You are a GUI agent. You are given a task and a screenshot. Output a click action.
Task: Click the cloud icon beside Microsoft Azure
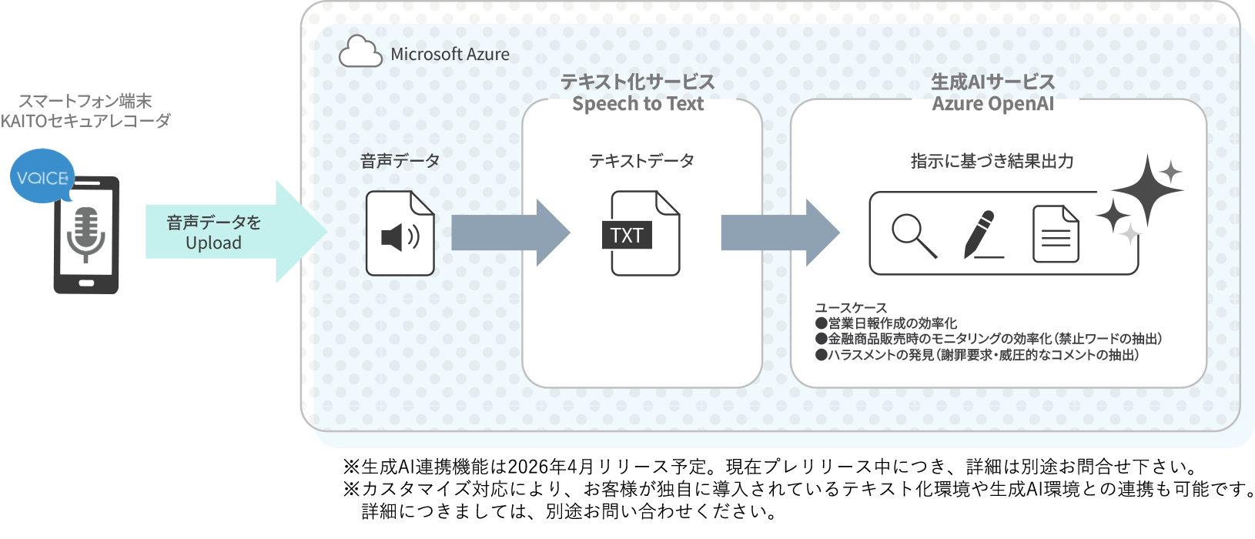(x=360, y=52)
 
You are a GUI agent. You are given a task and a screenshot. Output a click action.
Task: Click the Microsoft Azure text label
(x=450, y=55)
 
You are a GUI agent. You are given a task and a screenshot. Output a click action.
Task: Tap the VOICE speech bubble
(x=42, y=177)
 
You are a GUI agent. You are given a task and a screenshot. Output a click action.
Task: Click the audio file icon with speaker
(x=400, y=234)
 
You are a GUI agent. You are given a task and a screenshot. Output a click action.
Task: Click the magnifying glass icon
(x=914, y=236)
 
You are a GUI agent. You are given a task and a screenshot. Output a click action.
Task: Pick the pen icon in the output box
(x=981, y=234)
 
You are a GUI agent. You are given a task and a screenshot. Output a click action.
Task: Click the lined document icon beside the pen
(x=1055, y=234)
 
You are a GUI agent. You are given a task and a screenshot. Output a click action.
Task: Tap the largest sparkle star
(x=1146, y=189)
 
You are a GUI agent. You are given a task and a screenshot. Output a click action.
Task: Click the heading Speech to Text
(x=638, y=104)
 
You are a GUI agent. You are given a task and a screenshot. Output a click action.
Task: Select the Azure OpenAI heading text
(x=992, y=104)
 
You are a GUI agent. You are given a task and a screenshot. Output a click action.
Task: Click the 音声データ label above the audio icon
(x=400, y=161)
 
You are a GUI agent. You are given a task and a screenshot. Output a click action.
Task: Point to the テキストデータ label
(x=641, y=161)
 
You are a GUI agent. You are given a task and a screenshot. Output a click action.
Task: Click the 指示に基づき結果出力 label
(x=992, y=161)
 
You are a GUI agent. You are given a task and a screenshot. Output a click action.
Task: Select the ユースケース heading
(x=851, y=307)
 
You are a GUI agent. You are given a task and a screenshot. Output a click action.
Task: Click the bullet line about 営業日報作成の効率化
(x=886, y=323)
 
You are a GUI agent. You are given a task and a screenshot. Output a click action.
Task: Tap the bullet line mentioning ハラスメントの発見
(x=976, y=355)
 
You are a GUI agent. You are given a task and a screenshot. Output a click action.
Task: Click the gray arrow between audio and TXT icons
(x=508, y=233)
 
